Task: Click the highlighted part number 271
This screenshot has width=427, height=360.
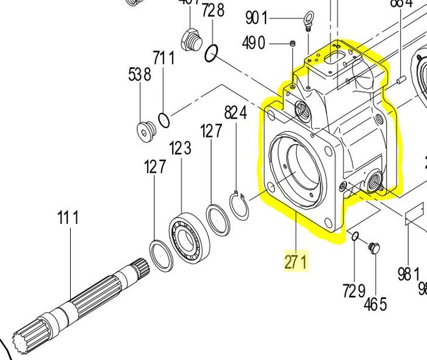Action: pyautogui.click(x=296, y=262)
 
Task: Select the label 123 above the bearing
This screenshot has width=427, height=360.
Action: pyautogui.click(x=181, y=148)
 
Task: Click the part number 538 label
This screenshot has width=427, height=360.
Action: pyautogui.click(x=139, y=75)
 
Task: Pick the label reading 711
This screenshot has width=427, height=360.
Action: pyautogui.click(x=164, y=58)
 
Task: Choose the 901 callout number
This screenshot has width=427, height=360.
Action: pyautogui.click(x=257, y=18)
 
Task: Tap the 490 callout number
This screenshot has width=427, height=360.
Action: pyautogui.click(x=253, y=43)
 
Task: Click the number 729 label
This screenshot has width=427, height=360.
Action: pyautogui.click(x=354, y=291)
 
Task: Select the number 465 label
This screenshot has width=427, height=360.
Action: pyautogui.click(x=375, y=304)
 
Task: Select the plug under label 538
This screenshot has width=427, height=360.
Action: pyautogui.click(x=145, y=130)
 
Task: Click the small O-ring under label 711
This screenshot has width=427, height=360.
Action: pyautogui.click(x=164, y=117)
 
